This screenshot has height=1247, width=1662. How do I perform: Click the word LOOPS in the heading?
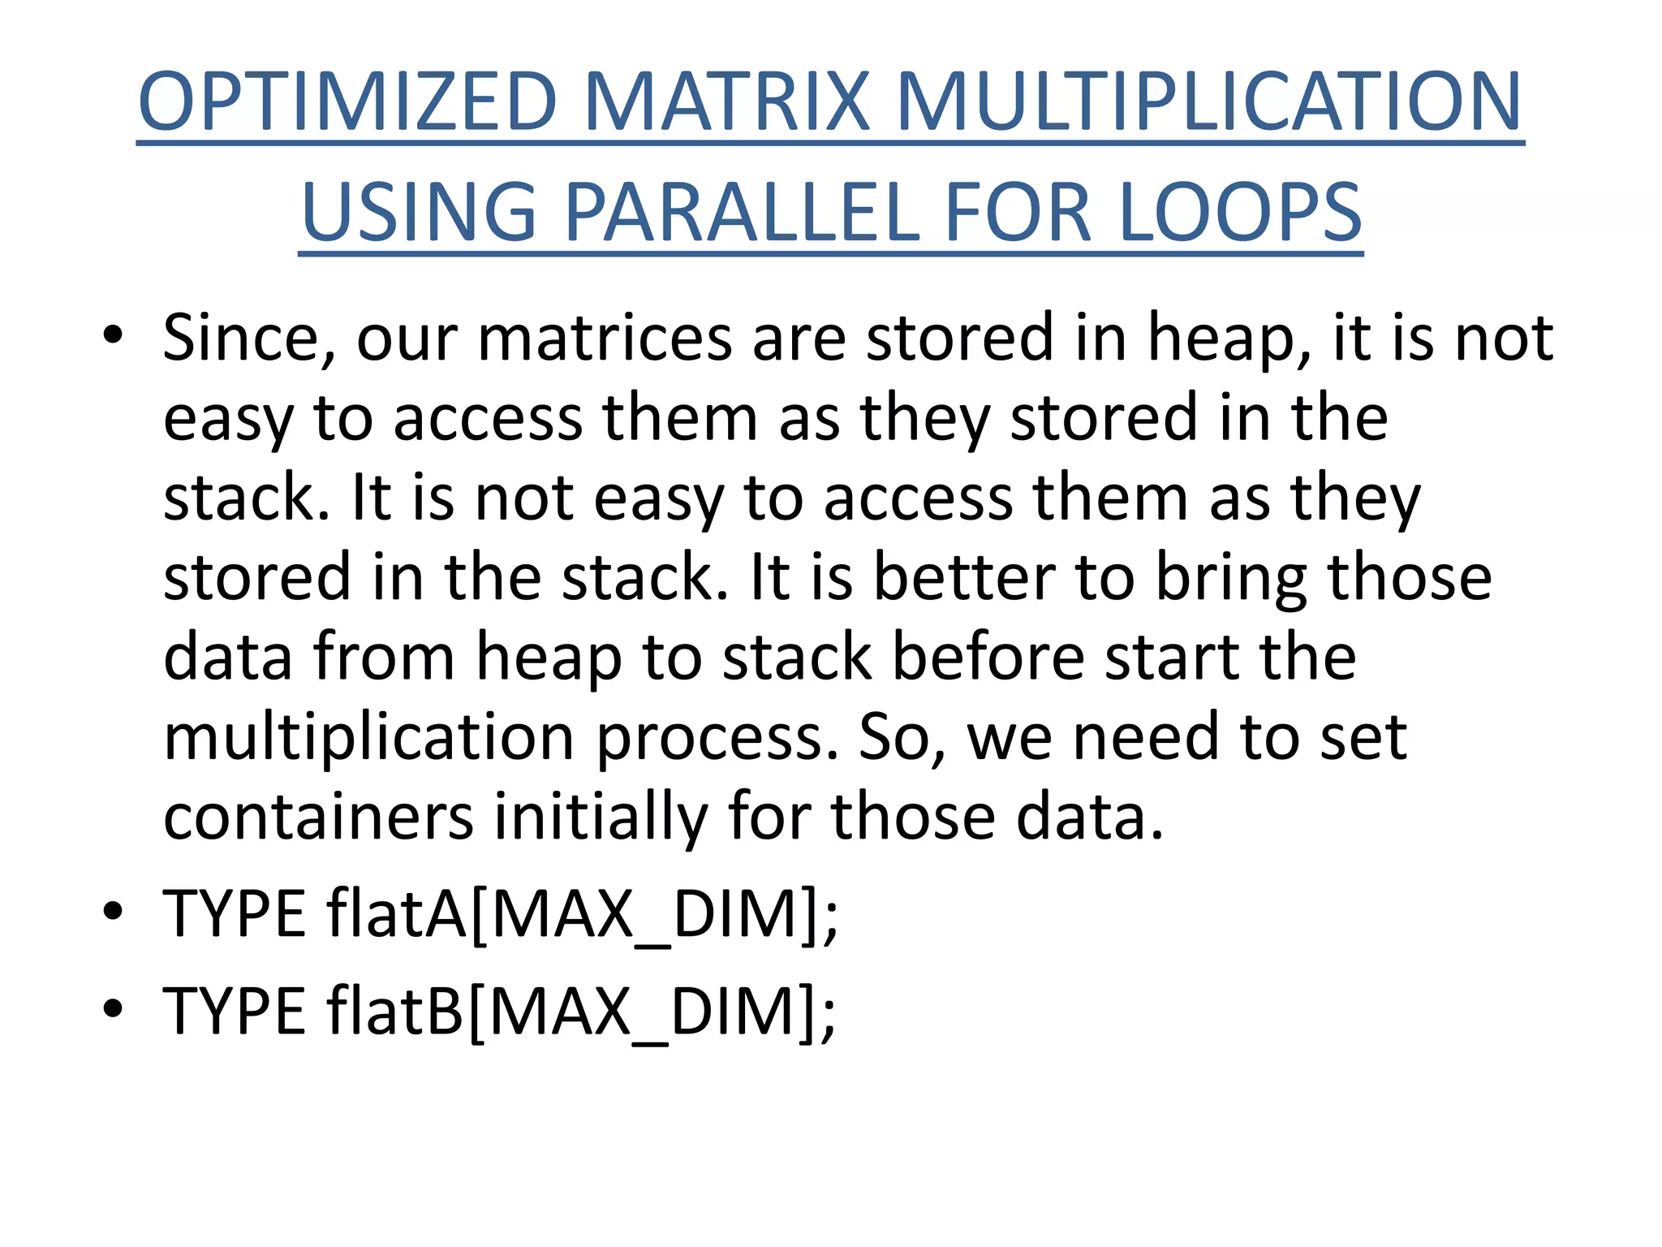tap(1240, 213)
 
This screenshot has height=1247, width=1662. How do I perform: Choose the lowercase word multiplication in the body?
tap(369, 737)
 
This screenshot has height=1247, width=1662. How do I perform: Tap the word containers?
tap(318, 816)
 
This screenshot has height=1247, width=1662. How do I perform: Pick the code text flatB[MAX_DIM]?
tap(580, 1012)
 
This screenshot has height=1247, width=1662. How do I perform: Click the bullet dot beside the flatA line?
tap(113, 911)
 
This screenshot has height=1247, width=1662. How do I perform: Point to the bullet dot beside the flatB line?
tap(113, 1008)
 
